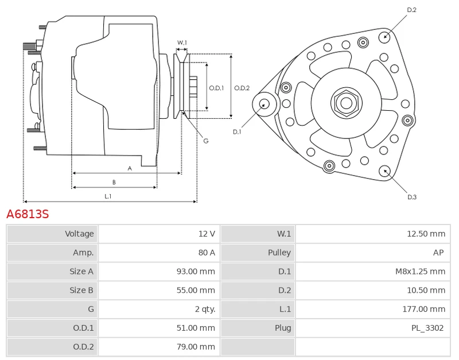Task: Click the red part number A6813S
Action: [x=28, y=214]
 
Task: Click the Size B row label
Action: [x=81, y=291]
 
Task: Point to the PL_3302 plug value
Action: [x=427, y=328]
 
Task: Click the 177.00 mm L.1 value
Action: [x=424, y=309]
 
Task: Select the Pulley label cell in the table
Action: [x=279, y=253]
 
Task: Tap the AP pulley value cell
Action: [x=439, y=253]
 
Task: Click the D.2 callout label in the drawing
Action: [x=411, y=10]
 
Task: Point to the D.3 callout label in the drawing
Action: [x=411, y=197]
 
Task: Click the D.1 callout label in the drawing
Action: [x=237, y=132]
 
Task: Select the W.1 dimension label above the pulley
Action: [x=182, y=43]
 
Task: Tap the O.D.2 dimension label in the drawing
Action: [x=242, y=88]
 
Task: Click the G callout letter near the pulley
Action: [x=205, y=141]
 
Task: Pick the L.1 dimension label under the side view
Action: [x=107, y=196]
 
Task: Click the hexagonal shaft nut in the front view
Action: [x=346, y=103]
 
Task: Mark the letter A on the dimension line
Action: [x=130, y=168]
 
